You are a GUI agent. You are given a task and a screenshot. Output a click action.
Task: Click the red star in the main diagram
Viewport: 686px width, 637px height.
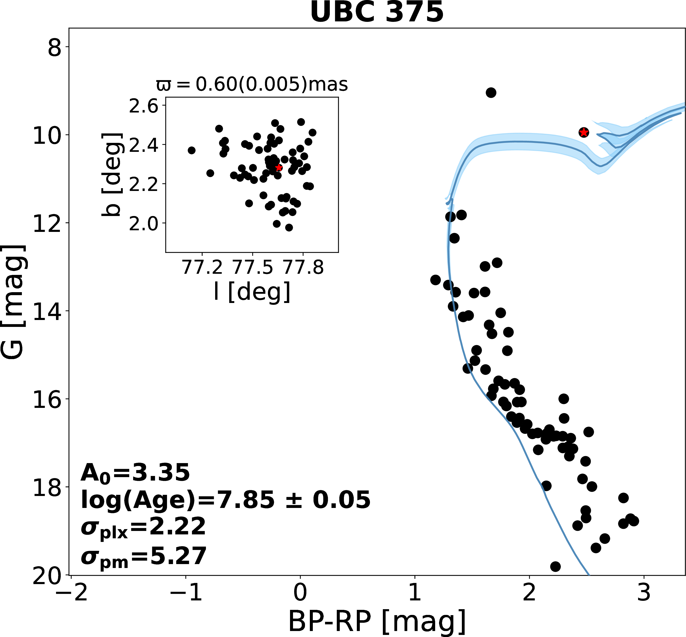pos(583,132)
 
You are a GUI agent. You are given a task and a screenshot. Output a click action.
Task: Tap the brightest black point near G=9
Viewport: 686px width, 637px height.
pos(491,92)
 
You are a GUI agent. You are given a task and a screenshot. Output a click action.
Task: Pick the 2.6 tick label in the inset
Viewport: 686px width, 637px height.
pos(143,107)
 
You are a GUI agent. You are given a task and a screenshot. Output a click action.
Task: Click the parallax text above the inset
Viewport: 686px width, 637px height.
pos(252,84)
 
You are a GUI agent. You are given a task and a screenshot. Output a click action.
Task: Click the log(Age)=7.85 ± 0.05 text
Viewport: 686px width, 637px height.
pos(225,500)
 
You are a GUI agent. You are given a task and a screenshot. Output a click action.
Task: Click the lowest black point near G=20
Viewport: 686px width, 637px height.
pos(555,566)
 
